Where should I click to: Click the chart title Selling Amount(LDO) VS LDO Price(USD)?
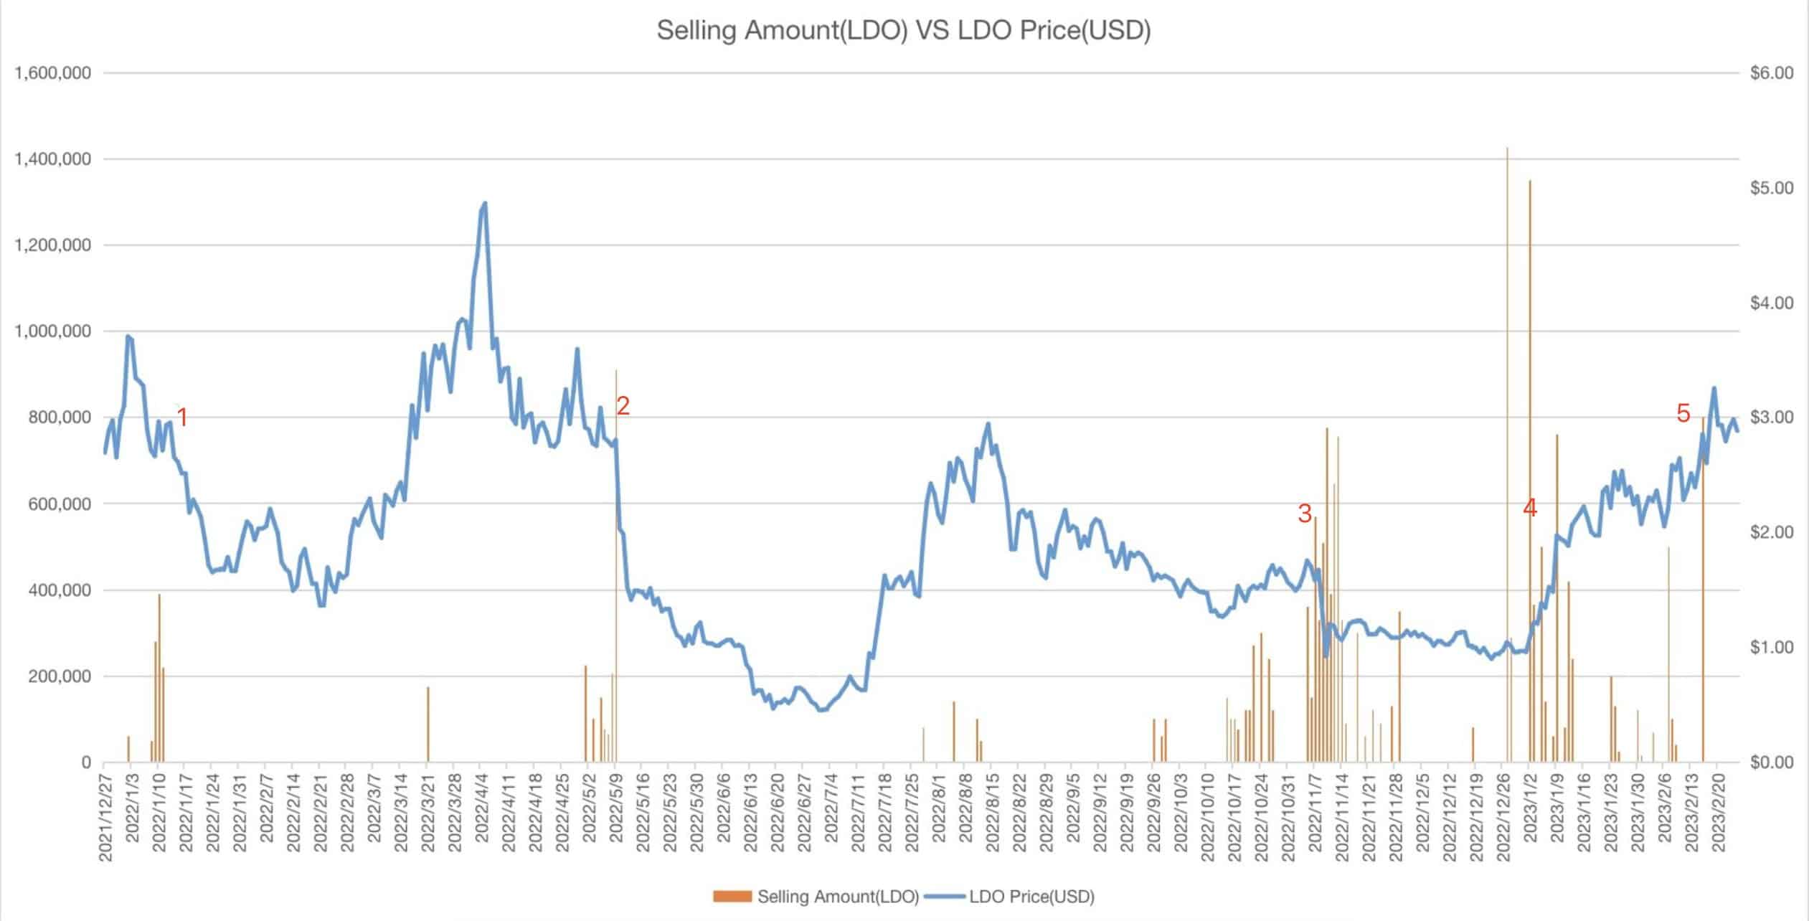pyautogui.click(x=904, y=31)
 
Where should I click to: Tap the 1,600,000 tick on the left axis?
pyautogui.click(x=52, y=73)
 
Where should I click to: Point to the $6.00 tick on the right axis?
pyautogui.click(x=1771, y=73)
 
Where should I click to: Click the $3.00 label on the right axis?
pyautogui.click(x=1771, y=417)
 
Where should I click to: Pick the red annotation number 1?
pyautogui.click(x=182, y=417)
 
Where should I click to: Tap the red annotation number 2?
pyautogui.click(x=623, y=406)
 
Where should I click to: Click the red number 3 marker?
pyautogui.click(x=1304, y=513)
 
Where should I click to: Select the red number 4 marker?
pyautogui.click(x=1529, y=508)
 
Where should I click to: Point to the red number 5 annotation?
pyautogui.click(x=1683, y=413)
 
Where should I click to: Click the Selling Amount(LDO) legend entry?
pyautogui.click(x=816, y=897)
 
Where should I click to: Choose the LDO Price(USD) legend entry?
pyautogui.click(x=1011, y=897)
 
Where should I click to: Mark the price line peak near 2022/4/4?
pyautogui.click(x=485, y=203)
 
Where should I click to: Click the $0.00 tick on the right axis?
pyautogui.click(x=1771, y=762)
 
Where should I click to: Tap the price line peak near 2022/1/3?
pyautogui.click(x=128, y=336)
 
